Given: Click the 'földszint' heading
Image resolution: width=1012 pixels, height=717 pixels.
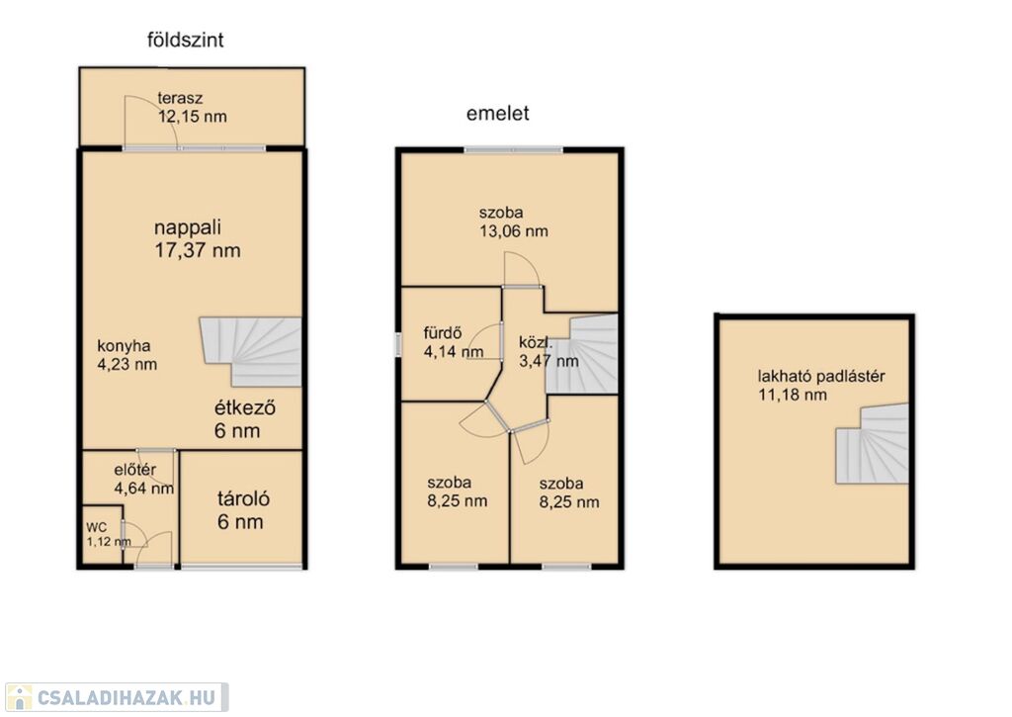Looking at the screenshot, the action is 185,40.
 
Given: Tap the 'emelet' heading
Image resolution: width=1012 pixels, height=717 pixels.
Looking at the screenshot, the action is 498,113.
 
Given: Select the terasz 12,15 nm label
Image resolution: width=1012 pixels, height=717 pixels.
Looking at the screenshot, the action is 193,107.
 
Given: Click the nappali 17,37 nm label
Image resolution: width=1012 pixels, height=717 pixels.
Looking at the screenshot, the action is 197,238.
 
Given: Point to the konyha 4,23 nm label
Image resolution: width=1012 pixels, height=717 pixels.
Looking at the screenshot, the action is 127,355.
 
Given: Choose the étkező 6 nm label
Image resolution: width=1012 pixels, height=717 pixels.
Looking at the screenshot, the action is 245,419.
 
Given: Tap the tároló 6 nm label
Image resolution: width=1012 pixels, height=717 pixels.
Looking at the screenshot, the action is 243,509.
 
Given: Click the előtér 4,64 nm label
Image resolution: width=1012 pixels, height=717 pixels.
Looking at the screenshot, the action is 143,479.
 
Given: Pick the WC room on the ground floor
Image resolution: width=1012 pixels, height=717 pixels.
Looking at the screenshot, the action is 102,535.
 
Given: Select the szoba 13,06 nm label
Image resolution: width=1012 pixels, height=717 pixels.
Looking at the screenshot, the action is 513,222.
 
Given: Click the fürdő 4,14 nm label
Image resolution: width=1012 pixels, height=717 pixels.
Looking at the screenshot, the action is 453,342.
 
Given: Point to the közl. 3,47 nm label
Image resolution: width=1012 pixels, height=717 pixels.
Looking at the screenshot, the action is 548,351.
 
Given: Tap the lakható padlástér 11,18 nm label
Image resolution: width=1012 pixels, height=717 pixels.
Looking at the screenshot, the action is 821,386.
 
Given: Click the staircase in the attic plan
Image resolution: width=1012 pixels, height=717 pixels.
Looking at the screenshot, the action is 872,444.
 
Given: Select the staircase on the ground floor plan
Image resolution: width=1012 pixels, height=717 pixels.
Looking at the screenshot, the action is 251,351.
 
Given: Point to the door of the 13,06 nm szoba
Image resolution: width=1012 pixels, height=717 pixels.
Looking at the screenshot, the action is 522,270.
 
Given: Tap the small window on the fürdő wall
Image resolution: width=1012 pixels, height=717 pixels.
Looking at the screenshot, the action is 398,343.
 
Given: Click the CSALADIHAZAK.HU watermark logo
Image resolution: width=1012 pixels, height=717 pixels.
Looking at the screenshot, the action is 117,697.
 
